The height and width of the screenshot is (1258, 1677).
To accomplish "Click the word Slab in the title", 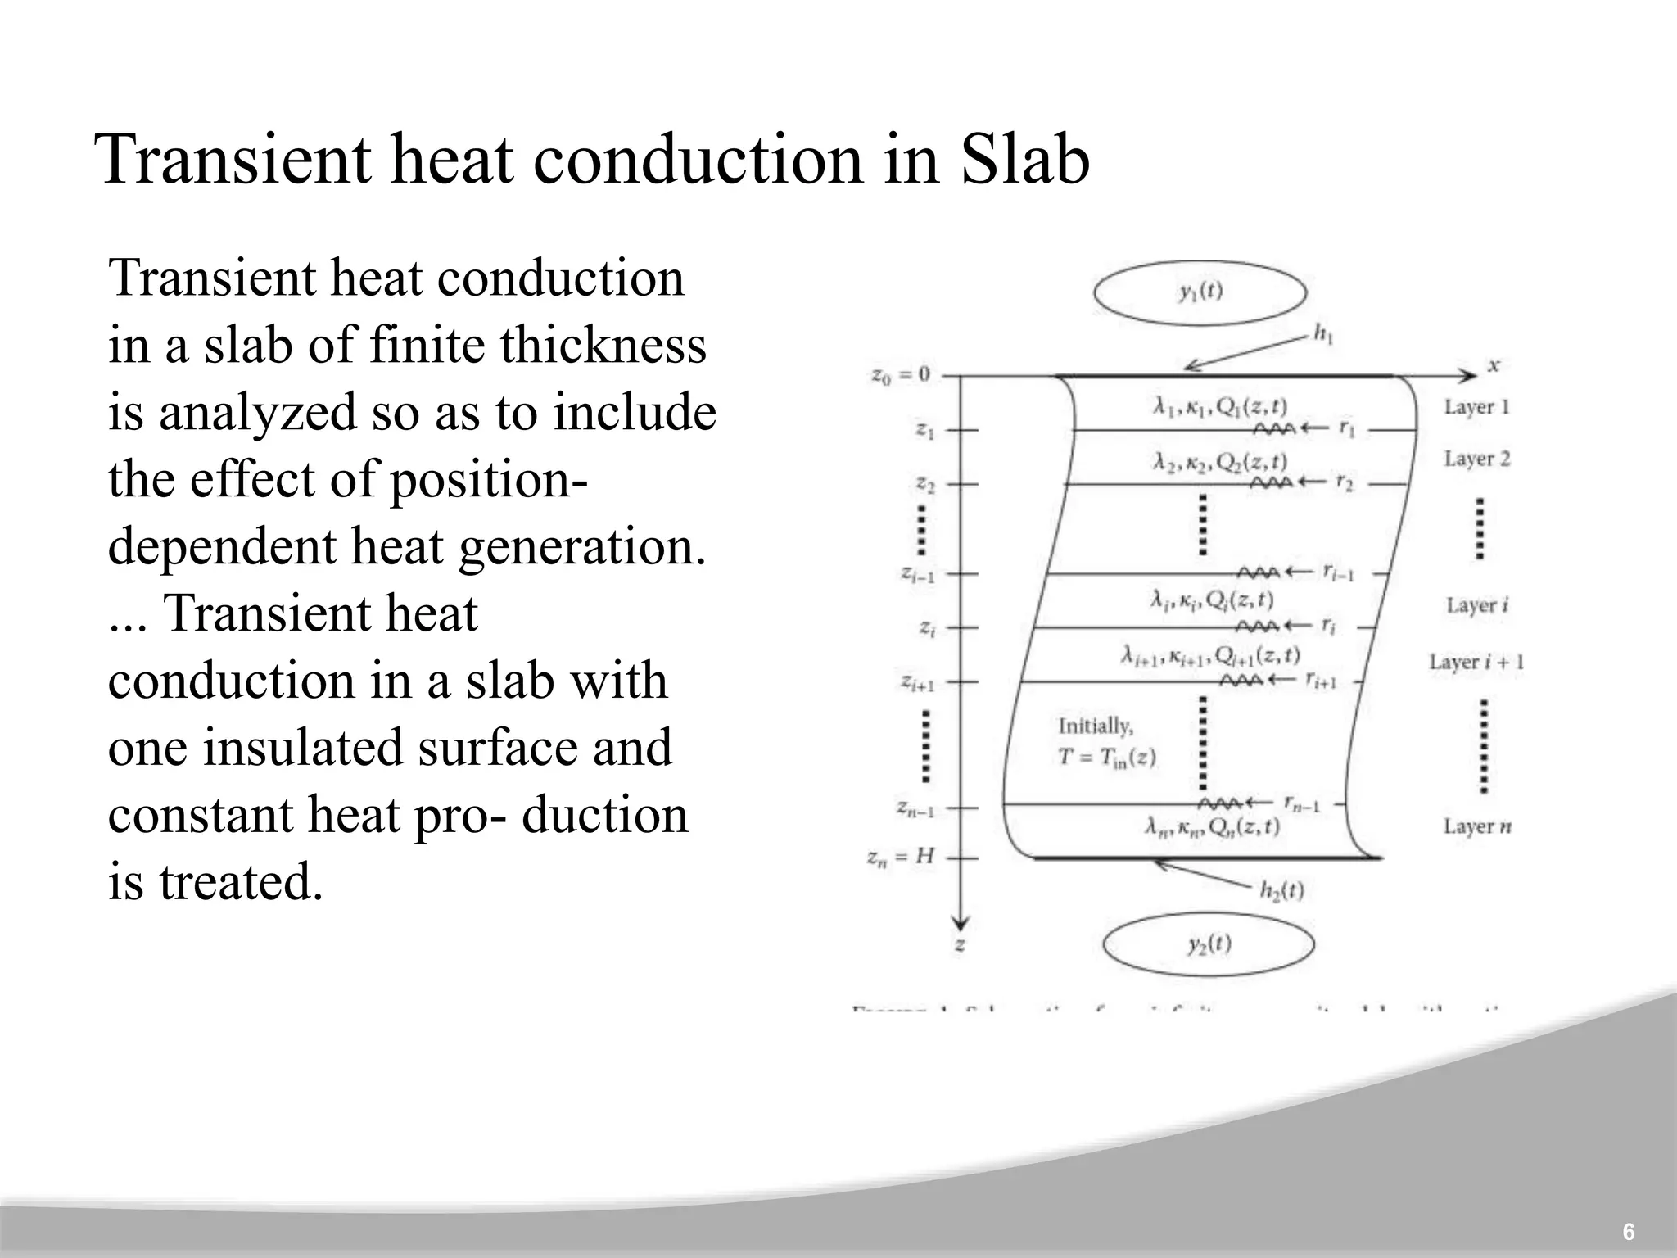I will [1024, 159].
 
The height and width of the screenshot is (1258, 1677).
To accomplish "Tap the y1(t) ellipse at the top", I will [1200, 292].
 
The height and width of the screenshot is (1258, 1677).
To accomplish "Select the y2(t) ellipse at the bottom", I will [1209, 944].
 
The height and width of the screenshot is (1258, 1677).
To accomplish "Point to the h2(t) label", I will [1281, 890].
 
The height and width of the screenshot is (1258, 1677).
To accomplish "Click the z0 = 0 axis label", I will [901, 375].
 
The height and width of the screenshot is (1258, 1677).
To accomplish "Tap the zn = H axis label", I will [900, 858].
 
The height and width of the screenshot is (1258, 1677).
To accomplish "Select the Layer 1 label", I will [1476, 407].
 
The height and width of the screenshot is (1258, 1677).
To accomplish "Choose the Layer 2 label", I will [1476, 459].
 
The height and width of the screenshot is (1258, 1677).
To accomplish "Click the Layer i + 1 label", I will [1476, 662].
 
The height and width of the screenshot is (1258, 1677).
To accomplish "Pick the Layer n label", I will [1477, 826].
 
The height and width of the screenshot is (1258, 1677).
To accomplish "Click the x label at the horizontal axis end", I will [1494, 366].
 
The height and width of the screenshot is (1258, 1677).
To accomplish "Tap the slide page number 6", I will [1629, 1232].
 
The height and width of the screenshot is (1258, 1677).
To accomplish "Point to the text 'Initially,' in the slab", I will [1096, 726].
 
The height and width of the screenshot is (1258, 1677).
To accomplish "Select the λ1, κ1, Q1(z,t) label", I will [1219, 407].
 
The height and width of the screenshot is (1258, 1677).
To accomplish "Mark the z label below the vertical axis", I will [960, 945].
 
